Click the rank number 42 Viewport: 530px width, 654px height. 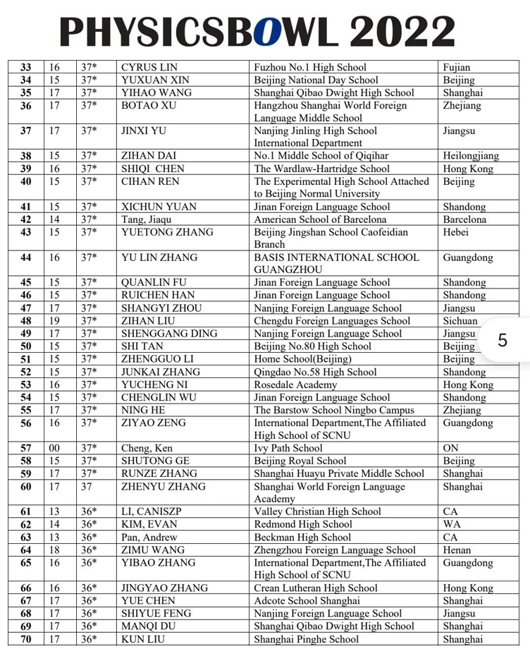[26, 219]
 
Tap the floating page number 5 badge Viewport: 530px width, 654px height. [502, 340]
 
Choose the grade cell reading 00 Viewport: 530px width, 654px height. [54, 448]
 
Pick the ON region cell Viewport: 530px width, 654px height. [450, 448]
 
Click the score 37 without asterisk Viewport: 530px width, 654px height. [87, 486]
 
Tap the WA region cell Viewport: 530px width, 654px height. [451, 525]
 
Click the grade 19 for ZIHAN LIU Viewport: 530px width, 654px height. [54, 321]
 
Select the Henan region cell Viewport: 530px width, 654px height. [457, 550]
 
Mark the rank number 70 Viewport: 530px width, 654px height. [26, 640]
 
